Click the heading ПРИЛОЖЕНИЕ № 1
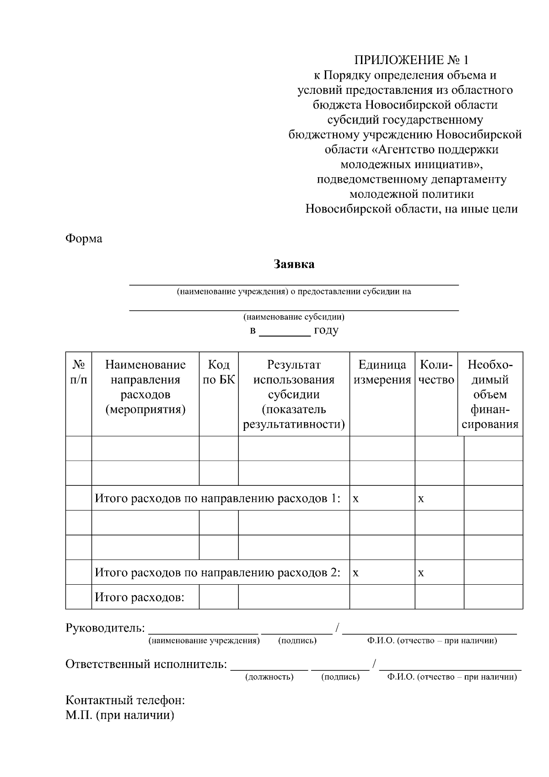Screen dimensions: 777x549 click(411, 60)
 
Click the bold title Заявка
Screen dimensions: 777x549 click(294, 264)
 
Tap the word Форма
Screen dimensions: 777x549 click(84, 239)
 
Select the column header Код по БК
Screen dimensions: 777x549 click(219, 372)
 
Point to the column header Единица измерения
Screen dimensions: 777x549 click(382, 372)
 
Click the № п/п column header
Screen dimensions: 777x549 click(79, 372)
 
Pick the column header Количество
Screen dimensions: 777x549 click(436, 372)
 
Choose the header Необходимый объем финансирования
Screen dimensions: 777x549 click(490, 394)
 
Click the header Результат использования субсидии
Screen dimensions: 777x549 click(294, 394)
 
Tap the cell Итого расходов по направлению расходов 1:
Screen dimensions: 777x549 click(218, 498)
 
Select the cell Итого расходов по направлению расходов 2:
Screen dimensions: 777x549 click(218, 572)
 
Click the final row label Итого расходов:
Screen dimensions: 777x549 click(140, 597)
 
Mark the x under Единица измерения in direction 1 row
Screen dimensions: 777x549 click(356, 499)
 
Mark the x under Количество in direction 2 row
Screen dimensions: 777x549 click(421, 573)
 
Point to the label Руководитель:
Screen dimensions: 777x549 click(105, 628)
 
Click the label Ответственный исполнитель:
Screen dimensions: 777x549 click(146, 664)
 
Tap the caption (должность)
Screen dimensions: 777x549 click(269, 677)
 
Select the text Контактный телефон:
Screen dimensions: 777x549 click(125, 700)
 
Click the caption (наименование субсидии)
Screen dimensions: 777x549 click(294, 317)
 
